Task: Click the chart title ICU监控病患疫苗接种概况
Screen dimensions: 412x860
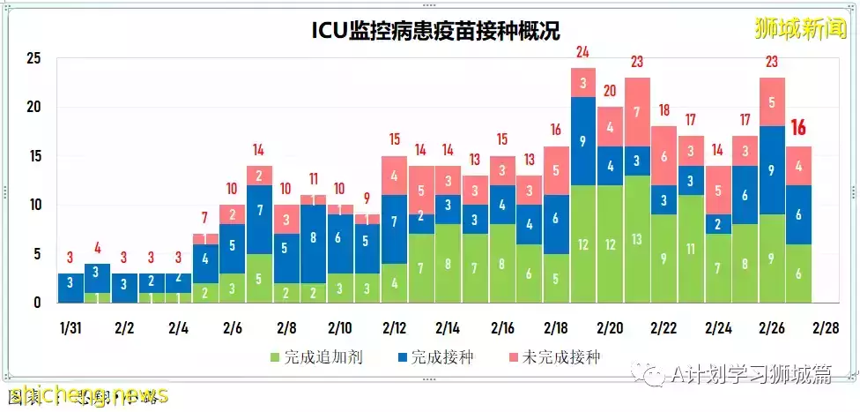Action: [429, 33]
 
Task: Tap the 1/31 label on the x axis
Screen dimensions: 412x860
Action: [70, 328]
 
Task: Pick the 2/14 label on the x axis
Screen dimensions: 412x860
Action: [449, 328]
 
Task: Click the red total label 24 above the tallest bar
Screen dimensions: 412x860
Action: [582, 52]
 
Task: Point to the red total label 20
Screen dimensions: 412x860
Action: [610, 91]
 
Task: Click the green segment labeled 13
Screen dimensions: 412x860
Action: [637, 244]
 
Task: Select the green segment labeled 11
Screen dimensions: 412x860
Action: [691, 249]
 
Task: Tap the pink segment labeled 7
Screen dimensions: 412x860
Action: [637, 112]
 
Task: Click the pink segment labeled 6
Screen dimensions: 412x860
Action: [664, 156]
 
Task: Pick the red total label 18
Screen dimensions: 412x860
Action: [664, 110]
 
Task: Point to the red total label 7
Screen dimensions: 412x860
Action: [204, 218]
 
